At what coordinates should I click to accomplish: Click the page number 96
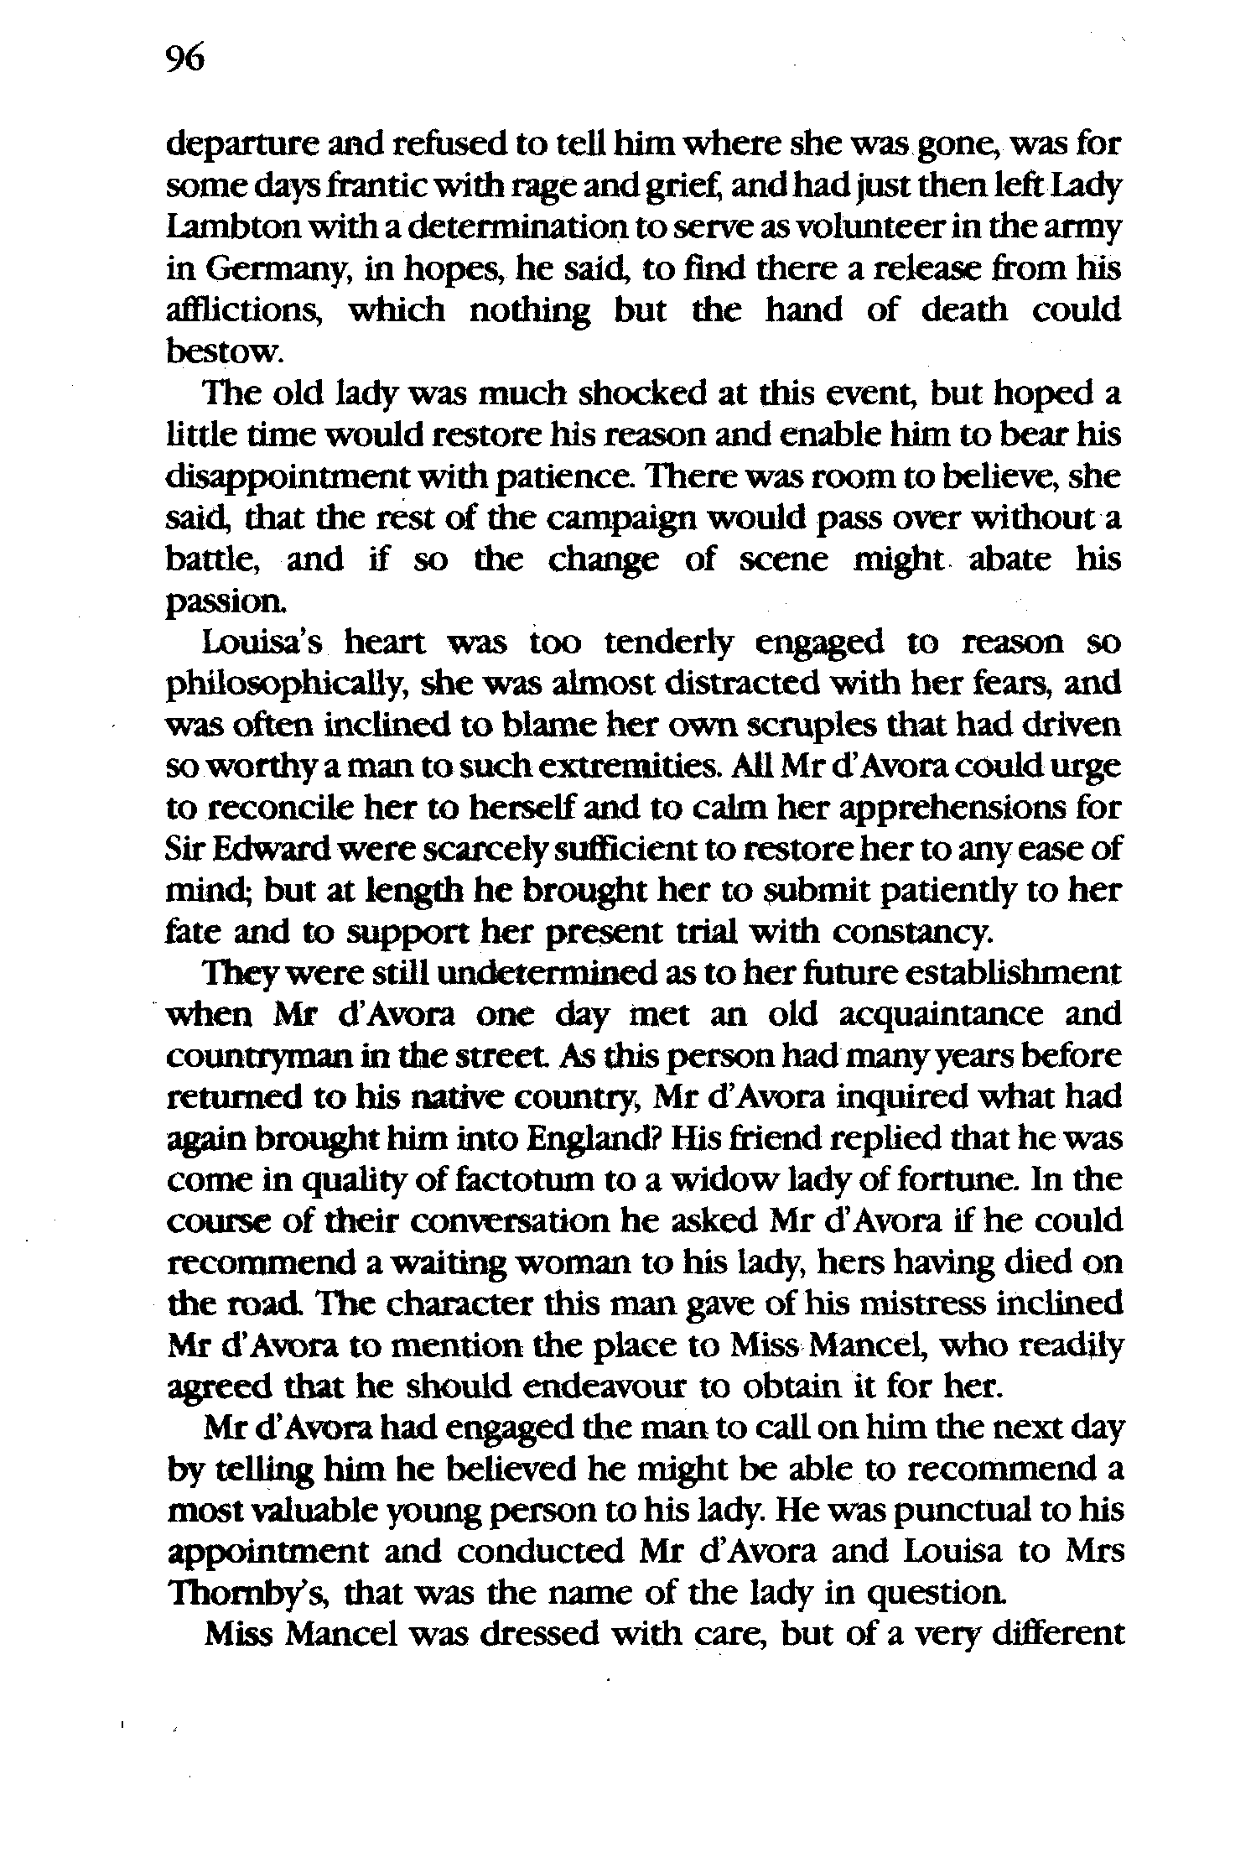pyautogui.click(x=185, y=60)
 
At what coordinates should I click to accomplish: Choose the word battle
pyautogui.click(x=213, y=559)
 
